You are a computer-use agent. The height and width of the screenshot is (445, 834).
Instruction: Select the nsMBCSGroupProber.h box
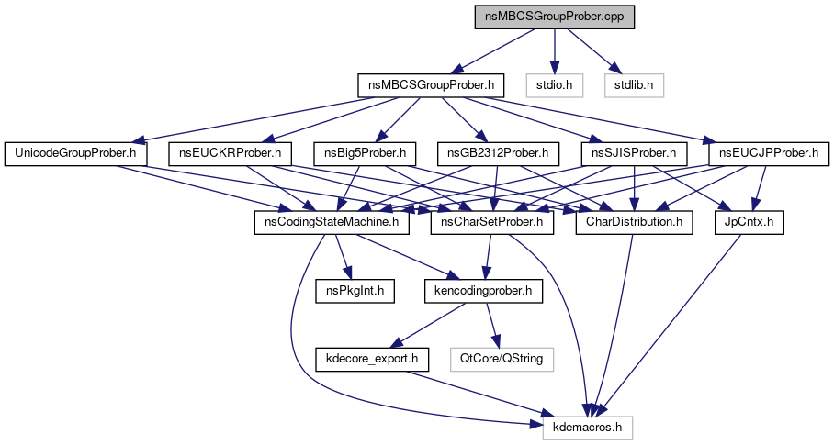click(x=432, y=86)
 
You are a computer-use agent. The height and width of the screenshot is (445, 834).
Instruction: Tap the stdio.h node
click(x=554, y=86)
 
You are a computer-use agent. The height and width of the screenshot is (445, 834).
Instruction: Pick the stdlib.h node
click(x=634, y=86)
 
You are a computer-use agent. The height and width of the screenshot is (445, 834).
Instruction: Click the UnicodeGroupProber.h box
click(x=75, y=152)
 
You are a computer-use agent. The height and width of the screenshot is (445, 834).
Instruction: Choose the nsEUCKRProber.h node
click(x=231, y=152)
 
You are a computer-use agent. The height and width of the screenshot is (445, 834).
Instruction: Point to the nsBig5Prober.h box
click(x=366, y=152)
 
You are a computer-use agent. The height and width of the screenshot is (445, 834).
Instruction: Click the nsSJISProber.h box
click(x=635, y=152)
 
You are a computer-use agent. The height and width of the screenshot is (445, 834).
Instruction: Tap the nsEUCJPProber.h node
click(x=769, y=152)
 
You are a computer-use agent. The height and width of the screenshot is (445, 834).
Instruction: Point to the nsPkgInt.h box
click(x=355, y=291)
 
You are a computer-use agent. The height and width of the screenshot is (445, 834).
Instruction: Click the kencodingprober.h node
click(x=483, y=291)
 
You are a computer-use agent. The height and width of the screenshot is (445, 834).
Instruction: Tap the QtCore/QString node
click(x=502, y=359)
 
